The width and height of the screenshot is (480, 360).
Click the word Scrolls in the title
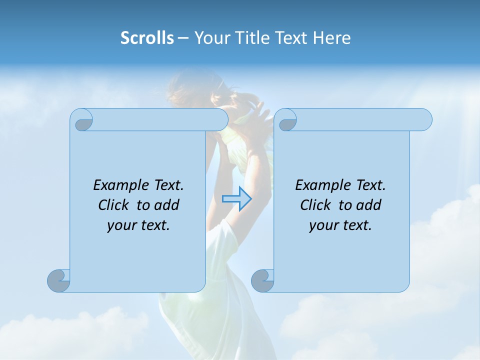147,37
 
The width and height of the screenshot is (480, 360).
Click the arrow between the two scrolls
236,198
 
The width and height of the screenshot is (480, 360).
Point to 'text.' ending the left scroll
154,225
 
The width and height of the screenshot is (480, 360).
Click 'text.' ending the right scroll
356,225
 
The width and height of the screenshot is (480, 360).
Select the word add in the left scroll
166,205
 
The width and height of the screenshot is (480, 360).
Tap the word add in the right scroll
368,205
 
